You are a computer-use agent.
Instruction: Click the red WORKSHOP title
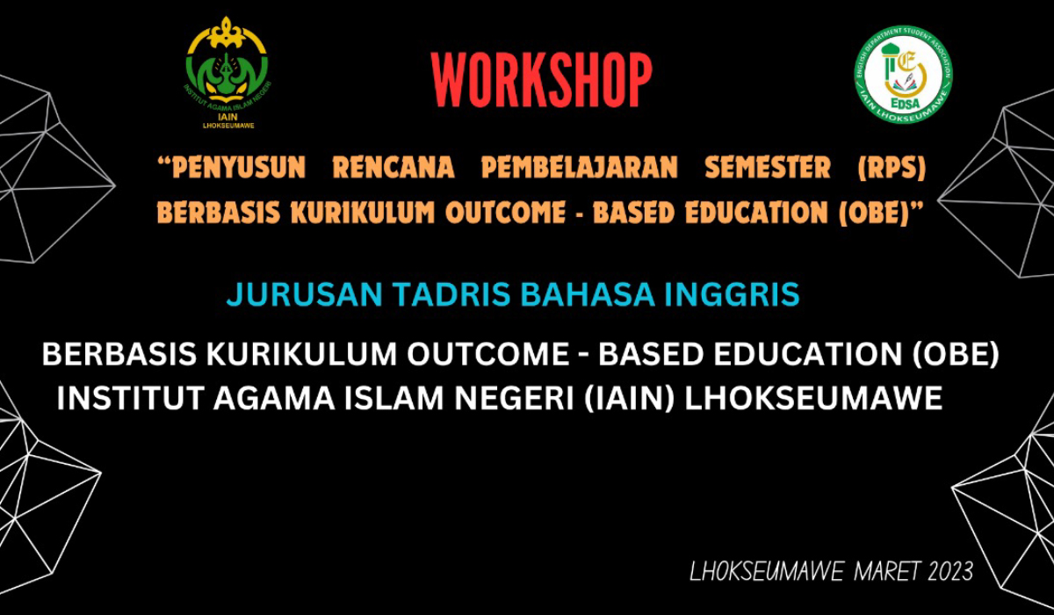coord(541,80)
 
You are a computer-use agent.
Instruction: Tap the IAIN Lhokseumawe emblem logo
coord(227,73)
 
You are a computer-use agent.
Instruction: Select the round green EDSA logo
coord(903,75)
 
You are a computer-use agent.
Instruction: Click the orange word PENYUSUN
coord(232,168)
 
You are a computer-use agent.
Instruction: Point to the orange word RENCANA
coord(393,168)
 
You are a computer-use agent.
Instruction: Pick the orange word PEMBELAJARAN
coord(579,168)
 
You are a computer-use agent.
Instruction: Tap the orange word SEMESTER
coord(768,168)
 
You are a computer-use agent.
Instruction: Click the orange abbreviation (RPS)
coord(892,168)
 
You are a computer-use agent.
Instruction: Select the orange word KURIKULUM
coord(363,213)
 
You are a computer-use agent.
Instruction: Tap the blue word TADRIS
coord(452,294)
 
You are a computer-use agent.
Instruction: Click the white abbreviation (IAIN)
coord(629,399)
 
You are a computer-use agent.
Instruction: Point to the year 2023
coord(950,571)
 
